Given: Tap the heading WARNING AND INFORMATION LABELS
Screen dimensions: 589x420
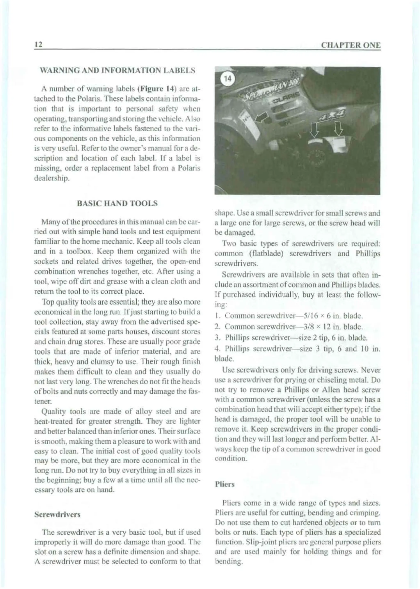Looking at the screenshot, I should click(117, 70).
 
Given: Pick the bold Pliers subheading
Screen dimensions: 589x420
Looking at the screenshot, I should click(225, 484).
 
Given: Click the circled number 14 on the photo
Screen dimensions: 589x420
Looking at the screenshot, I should click(228, 79).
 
